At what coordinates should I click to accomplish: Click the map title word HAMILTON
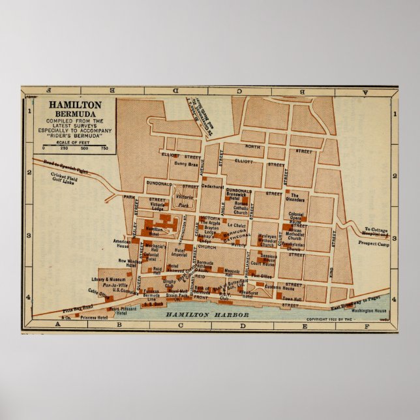pos(74,104)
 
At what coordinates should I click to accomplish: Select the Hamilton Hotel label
pos(154,232)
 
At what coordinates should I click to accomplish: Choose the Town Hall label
pos(292,298)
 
